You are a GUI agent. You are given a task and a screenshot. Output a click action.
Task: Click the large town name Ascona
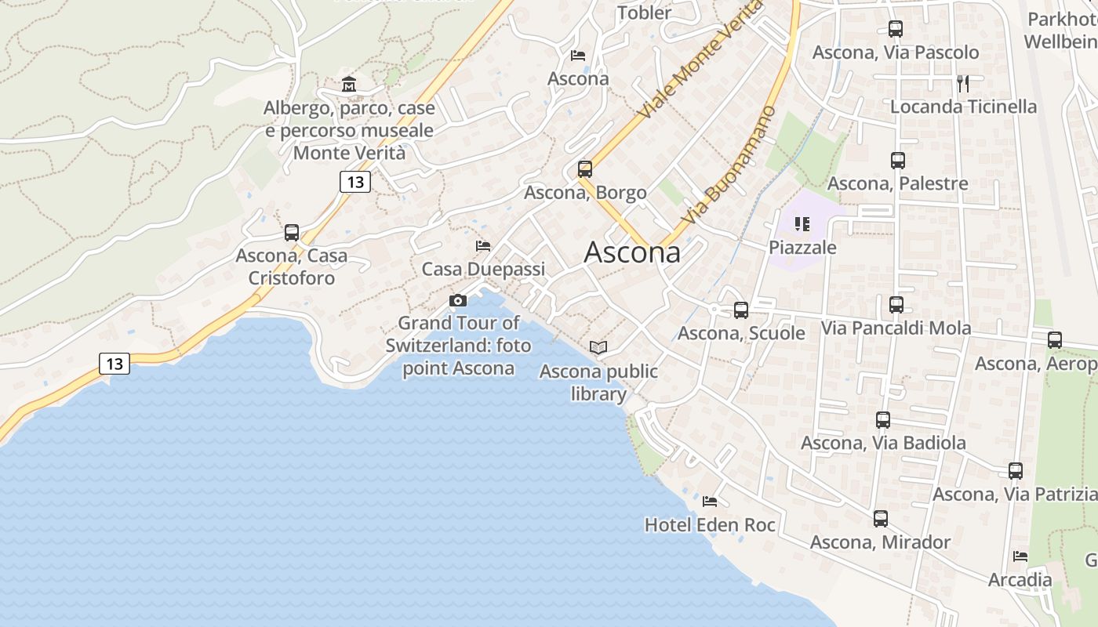point(632,252)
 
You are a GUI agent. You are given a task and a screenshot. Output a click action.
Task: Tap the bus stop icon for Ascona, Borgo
point(584,169)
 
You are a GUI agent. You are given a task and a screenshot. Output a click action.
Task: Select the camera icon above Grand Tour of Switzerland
point(458,300)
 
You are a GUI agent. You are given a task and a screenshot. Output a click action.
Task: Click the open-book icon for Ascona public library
point(598,347)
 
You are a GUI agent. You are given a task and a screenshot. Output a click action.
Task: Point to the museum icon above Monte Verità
point(349,84)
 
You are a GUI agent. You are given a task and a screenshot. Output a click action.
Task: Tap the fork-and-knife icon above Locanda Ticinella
point(963,83)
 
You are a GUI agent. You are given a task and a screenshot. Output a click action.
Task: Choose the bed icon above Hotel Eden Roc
point(710,501)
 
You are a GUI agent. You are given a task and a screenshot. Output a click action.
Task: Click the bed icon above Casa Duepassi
point(483,246)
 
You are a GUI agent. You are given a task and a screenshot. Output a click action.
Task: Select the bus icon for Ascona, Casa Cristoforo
point(292,232)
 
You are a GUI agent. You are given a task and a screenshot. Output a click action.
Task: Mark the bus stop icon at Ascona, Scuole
point(741,310)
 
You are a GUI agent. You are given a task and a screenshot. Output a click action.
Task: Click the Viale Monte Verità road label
point(700,61)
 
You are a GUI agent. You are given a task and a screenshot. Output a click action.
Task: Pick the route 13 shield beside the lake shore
point(115,364)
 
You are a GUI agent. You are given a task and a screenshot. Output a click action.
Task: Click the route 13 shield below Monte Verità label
point(355,182)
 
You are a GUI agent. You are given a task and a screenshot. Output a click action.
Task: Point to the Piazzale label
point(802,248)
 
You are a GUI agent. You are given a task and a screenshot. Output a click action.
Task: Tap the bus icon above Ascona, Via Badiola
point(883,420)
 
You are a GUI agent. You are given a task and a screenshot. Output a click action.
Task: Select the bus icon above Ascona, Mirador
point(881,519)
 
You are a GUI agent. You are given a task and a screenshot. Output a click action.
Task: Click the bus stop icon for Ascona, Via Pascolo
point(896,29)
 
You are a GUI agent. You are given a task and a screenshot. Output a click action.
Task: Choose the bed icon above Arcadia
point(1020,556)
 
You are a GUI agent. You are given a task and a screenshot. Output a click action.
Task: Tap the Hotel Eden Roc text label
point(710,525)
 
